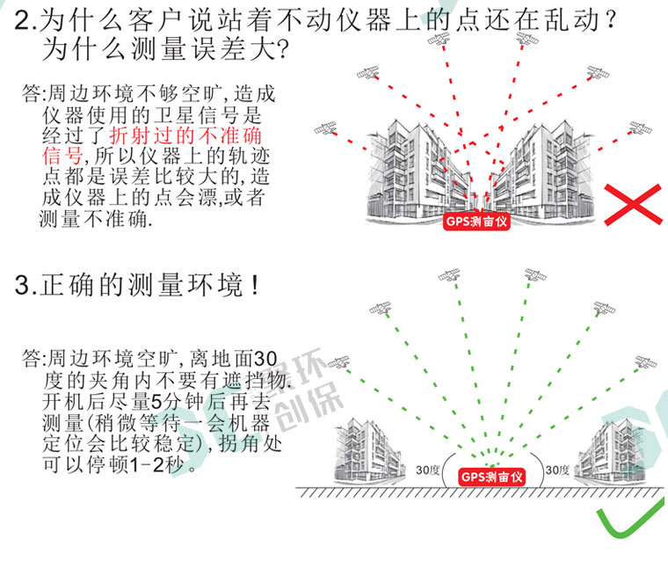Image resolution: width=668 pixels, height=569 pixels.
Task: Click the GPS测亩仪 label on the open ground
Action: pos(492,475)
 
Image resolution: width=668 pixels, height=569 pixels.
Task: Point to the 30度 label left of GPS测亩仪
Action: pos(429,471)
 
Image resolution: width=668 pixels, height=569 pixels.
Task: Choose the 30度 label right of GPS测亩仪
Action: pos(557,471)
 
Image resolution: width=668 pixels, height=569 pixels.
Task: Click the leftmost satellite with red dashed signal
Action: pos(327,128)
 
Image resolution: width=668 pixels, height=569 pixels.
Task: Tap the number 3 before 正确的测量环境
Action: pos(24,287)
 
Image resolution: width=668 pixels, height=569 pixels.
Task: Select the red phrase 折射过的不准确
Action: pos(185,136)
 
